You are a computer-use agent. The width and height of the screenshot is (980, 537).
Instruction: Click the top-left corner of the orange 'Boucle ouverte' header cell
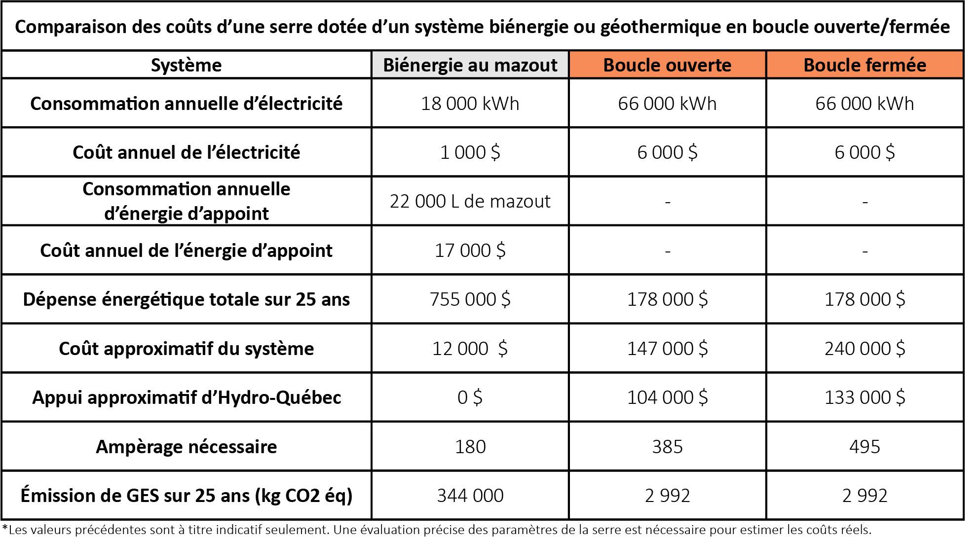click(569, 51)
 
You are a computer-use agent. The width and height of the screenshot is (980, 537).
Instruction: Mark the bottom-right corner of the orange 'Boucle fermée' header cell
click(963, 78)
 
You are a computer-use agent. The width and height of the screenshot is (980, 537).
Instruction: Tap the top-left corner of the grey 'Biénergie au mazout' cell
click(372, 51)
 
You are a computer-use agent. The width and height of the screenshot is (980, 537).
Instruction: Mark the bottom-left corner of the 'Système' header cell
click(2, 78)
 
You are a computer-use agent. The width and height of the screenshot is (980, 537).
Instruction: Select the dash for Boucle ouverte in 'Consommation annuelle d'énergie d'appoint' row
click(668, 202)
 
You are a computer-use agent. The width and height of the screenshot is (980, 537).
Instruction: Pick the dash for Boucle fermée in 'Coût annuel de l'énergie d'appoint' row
click(865, 251)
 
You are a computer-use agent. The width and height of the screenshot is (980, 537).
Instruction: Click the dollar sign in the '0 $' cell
click(477, 397)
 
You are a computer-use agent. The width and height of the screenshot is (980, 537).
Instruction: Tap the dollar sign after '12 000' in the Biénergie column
click(502, 349)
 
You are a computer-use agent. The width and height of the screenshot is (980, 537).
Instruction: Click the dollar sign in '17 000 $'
click(501, 251)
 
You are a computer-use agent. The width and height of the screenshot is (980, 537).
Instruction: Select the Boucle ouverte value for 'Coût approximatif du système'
click(668, 349)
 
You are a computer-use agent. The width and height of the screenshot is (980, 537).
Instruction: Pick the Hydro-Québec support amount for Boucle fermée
click(865, 397)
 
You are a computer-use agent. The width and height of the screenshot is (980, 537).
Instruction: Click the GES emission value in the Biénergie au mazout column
click(470, 496)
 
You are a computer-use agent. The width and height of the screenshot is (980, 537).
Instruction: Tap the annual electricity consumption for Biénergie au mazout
click(470, 104)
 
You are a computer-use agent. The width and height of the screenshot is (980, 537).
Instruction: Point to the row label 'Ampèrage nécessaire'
click(187, 447)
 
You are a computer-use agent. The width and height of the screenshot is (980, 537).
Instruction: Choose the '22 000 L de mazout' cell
click(470, 201)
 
